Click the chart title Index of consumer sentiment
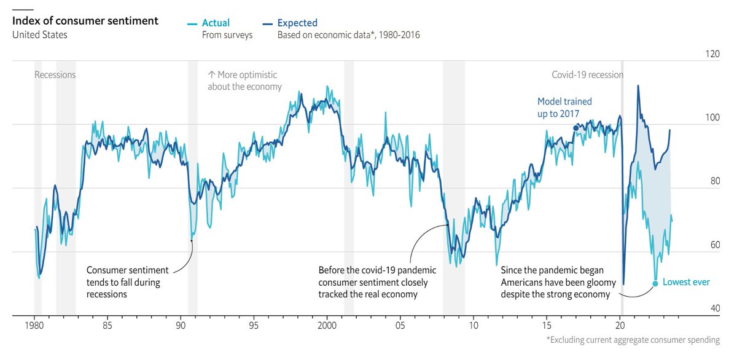tap(85, 22)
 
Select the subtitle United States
tap(40, 35)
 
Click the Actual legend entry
tap(216, 23)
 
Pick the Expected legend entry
tap(297, 23)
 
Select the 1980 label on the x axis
tap(34, 324)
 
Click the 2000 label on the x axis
tap(327, 324)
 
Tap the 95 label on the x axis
tap(254, 324)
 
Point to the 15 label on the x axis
tap(547, 324)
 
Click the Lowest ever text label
tap(686, 283)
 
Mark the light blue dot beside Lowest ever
tap(655, 283)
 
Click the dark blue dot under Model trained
tap(575, 128)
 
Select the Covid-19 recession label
tap(587, 75)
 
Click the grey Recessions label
tap(55, 75)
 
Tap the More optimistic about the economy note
tap(244, 80)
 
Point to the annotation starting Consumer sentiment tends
tap(123, 282)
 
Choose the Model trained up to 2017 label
tap(564, 108)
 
